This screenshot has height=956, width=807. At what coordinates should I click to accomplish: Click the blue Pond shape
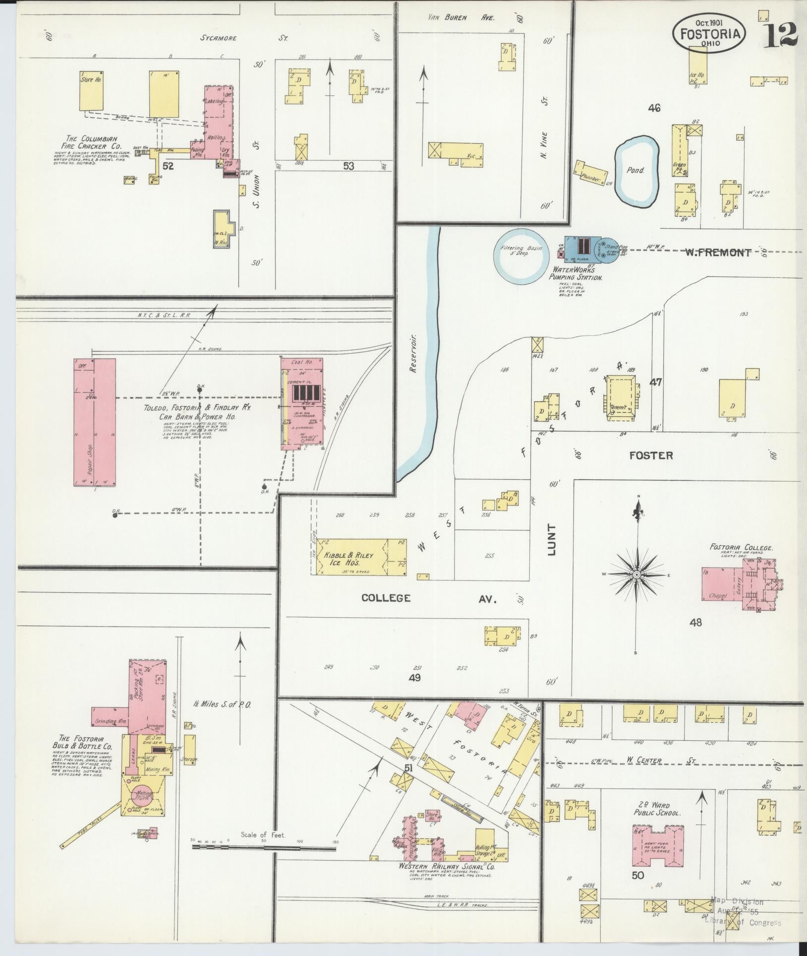[637, 171]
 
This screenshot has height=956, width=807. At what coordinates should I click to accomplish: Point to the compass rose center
[635, 574]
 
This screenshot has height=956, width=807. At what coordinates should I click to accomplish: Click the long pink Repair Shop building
[95, 422]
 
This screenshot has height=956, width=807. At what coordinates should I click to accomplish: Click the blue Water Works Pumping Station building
[580, 249]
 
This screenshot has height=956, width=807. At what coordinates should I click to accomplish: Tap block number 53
[348, 166]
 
